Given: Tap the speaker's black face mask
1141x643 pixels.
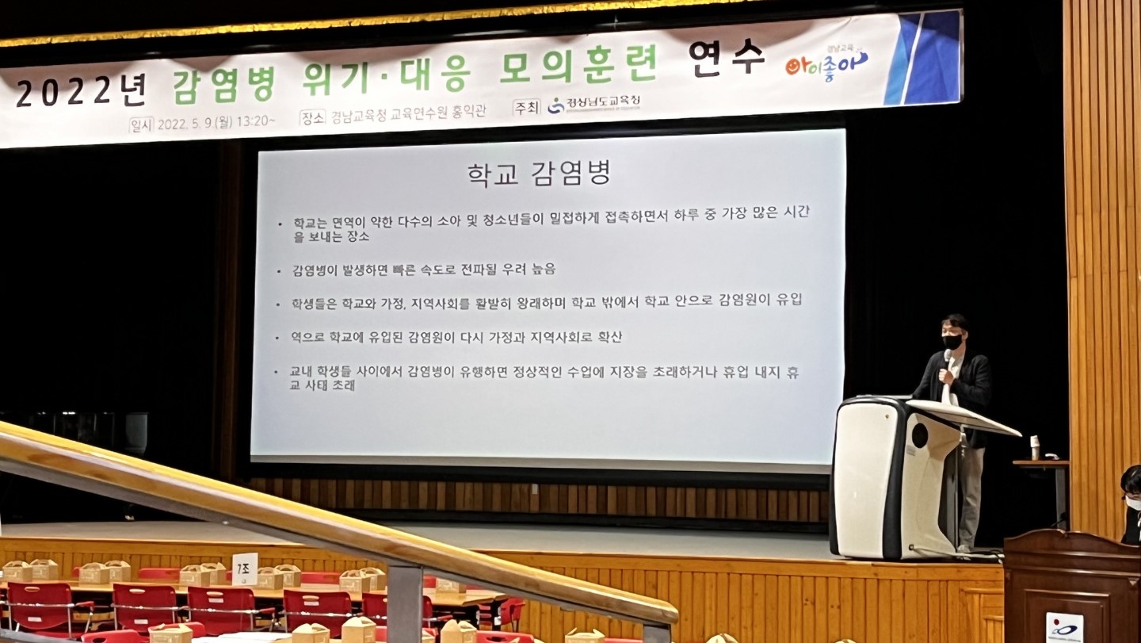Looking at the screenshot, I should (952, 342).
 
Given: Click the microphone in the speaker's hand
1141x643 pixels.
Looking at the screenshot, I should (946, 360).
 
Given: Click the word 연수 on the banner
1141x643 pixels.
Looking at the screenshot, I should (726, 57).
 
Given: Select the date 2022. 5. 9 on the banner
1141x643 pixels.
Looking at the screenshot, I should (188, 123).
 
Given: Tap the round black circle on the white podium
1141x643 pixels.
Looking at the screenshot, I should (919, 435).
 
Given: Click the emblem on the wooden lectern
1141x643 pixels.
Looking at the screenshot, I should (1064, 626).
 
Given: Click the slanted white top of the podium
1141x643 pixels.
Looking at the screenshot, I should (963, 417).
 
